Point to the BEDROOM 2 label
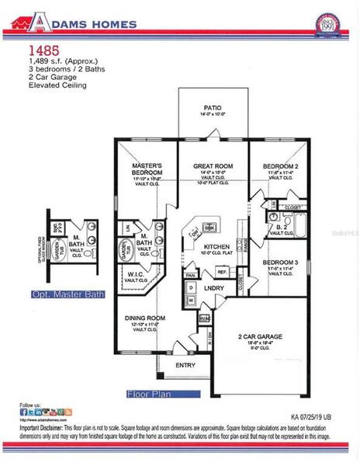pyautogui.click(x=279, y=167)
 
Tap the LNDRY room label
pyautogui.click(x=215, y=288)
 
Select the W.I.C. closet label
pyautogui.click(x=136, y=274)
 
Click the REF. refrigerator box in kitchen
pyautogui.click(x=221, y=272)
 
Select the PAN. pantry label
pyautogui.click(x=191, y=275)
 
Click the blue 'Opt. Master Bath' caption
pyautogui.click(x=63, y=294)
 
